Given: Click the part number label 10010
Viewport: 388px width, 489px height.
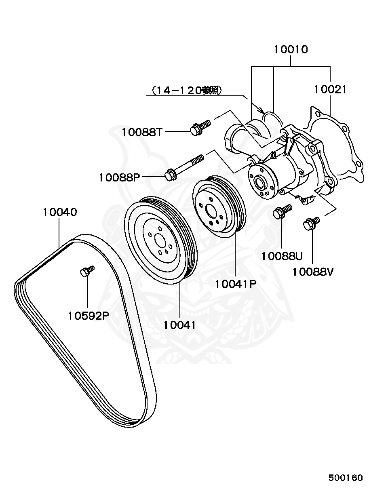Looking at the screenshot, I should (x=291, y=50).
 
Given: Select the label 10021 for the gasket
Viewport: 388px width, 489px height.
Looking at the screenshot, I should (x=330, y=89).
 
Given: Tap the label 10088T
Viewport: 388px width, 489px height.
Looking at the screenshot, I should (x=142, y=132).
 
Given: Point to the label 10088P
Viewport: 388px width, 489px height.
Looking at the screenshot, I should (x=119, y=177).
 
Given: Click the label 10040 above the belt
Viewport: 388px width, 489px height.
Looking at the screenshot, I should (x=60, y=212).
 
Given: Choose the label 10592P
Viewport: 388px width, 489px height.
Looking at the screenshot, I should (x=88, y=315).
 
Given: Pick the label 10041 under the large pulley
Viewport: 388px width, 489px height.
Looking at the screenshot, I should (x=179, y=324).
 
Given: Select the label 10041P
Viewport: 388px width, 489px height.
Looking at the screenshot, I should (x=236, y=284).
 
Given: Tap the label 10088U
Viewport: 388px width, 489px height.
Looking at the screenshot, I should (x=282, y=256).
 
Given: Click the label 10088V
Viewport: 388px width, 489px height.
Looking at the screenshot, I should (x=313, y=272).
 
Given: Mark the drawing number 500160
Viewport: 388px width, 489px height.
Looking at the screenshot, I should (x=345, y=478).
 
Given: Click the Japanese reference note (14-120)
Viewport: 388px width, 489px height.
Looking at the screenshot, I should (x=186, y=91).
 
